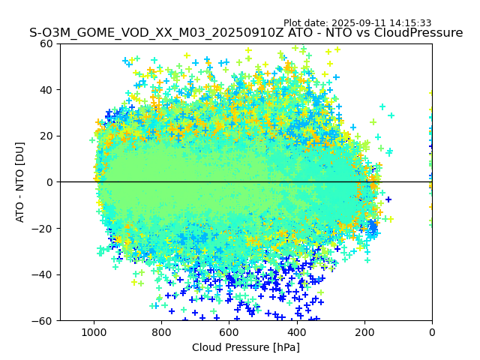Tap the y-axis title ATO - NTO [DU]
coord(21,182)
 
